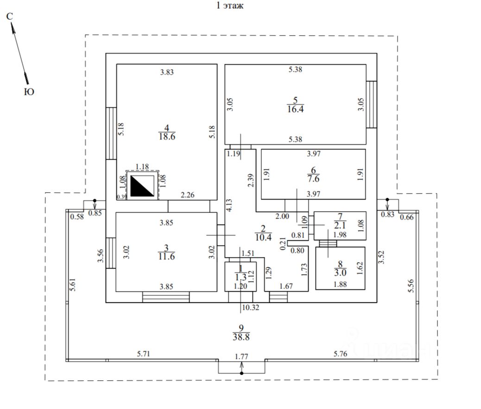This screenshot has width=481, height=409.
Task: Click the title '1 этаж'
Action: (x=230, y=6)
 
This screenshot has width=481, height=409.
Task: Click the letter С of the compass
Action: (x=10, y=16)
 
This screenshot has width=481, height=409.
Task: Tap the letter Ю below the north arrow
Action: (x=29, y=91)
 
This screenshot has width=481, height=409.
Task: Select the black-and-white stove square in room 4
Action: (x=142, y=185)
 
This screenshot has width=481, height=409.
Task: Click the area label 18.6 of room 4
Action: (x=167, y=137)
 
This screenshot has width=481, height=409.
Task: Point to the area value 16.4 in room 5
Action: (x=295, y=109)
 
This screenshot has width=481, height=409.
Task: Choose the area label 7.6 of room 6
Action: (x=313, y=178)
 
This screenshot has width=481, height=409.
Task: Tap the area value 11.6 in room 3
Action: (x=166, y=256)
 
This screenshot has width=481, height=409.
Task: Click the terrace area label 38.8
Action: (x=241, y=337)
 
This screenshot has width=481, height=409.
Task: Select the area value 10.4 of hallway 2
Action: (x=263, y=237)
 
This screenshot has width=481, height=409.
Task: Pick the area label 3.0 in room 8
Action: (x=340, y=272)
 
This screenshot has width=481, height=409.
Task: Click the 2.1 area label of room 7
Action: (x=340, y=226)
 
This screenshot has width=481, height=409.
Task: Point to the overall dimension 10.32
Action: (x=251, y=308)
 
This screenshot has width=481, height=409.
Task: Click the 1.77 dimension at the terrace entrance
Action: (x=241, y=357)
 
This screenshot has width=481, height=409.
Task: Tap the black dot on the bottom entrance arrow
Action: (x=242, y=373)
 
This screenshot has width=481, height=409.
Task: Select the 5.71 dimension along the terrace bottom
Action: (x=143, y=354)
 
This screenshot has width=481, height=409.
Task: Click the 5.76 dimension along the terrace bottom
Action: (x=341, y=354)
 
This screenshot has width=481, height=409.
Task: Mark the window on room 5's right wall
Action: (x=372, y=104)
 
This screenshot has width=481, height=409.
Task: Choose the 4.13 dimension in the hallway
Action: (x=229, y=205)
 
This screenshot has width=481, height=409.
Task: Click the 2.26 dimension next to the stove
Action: (x=187, y=195)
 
